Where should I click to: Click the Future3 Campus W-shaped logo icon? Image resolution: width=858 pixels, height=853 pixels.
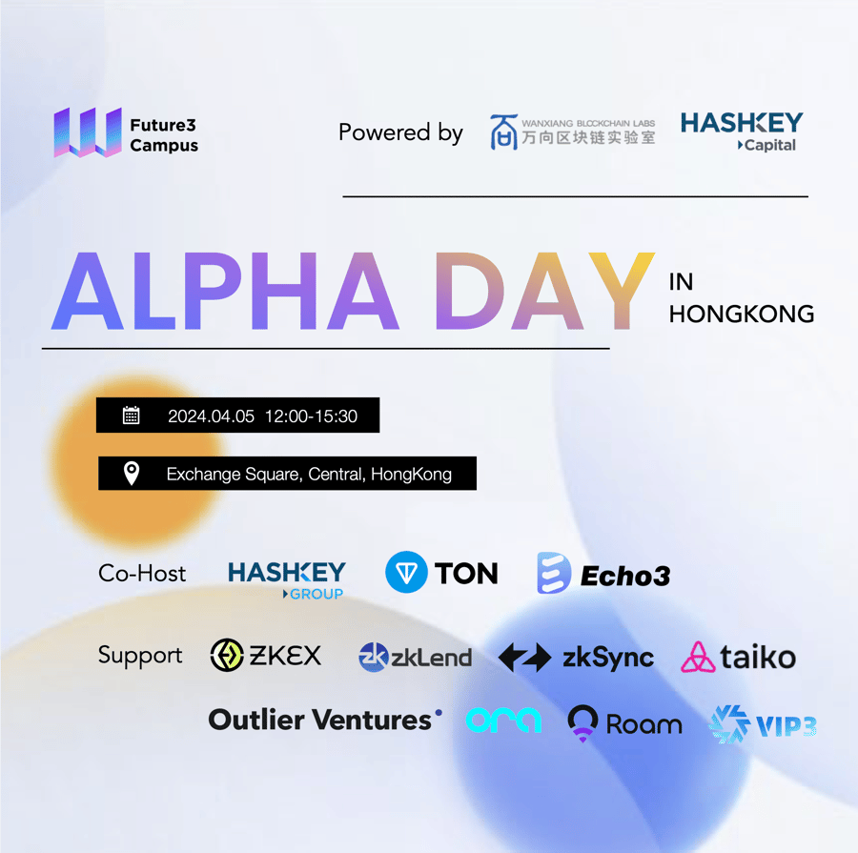(x=88, y=132)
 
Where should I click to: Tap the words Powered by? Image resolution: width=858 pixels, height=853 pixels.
(x=400, y=133)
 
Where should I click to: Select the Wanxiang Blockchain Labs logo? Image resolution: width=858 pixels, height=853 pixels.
(x=572, y=132)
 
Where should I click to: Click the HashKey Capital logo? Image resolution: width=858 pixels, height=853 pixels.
(x=742, y=132)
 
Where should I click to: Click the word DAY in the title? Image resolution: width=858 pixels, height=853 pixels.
(x=545, y=291)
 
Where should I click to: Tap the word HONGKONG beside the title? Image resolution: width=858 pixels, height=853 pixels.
(x=742, y=315)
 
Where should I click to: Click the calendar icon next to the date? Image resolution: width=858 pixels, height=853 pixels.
(x=131, y=416)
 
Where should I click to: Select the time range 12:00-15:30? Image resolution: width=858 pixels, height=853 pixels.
(x=311, y=416)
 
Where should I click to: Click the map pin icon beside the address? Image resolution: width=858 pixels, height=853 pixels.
(x=132, y=473)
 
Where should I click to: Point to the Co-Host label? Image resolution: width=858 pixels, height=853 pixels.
(x=142, y=574)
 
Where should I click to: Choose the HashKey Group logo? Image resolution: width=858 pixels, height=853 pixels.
(x=287, y=579)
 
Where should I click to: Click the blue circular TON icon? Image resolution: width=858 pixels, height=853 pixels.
(x=406, y=572)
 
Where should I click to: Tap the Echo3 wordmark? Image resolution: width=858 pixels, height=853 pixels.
(x=625, y=576)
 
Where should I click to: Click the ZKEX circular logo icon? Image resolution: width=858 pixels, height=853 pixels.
(x=227, y=655)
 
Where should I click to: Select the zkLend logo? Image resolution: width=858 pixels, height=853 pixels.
(x=415, y=657)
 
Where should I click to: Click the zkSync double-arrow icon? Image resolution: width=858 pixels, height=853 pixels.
(x=524, y=657)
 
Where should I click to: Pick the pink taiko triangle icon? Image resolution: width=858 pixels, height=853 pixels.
(x=698, y=657)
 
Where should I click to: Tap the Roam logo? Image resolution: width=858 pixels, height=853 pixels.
(x=624, y=722)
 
